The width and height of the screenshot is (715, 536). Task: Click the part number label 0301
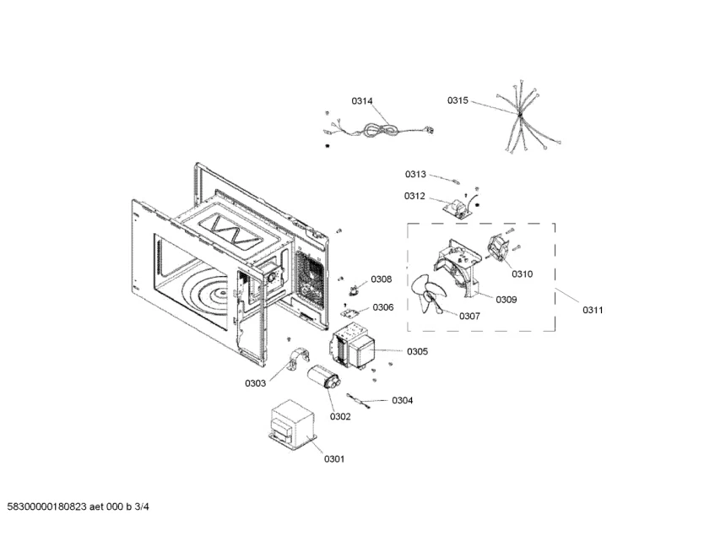pyautogui.click(x=334, y=459)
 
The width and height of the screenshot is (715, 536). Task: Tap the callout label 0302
pyautogui.click(x=340, y=417)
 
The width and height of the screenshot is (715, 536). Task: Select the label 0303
pyautogui.click(x=255, y=383)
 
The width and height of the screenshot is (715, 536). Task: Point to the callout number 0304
pyautogui.click(x=402, y=400)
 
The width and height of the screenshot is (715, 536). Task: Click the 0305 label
pyautogui.click(x=417, y=351)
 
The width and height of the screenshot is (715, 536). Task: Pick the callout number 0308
pyautogui.click(x=382, y=279)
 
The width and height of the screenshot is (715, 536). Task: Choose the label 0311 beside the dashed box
pyautogui.click(x=593, y=310)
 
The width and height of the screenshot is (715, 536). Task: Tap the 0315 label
pyautogui.click(x=458, y=100)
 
